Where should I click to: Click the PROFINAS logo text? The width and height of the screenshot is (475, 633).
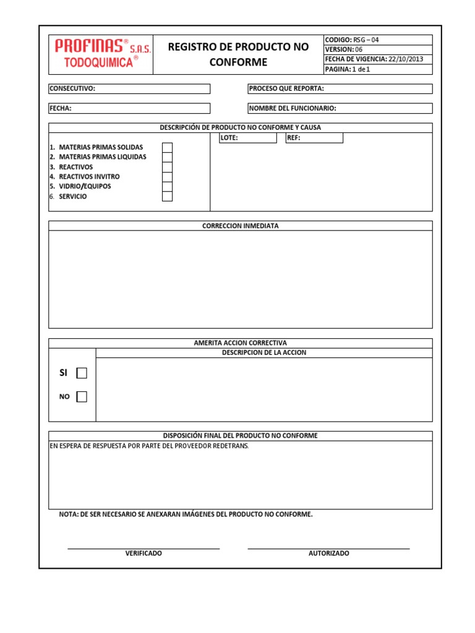tap(89, 46)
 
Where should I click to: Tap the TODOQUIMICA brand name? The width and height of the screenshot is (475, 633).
tap(98, 62)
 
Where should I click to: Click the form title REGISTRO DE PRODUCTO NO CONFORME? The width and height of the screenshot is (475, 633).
tap(238, 54)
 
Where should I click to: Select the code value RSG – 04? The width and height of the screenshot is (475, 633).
tap(366, 40)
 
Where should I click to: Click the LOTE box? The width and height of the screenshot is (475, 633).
tap(248, 138)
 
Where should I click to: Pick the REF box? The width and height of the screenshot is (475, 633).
tap(314, 138)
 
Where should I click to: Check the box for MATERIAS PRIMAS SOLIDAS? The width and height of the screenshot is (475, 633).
tap(167, 147)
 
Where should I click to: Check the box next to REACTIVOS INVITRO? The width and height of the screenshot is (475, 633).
tap(167, 177)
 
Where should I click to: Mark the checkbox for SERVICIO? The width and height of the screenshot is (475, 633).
tap(167, 197)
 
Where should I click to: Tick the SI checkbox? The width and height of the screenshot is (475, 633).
tap(82, 373)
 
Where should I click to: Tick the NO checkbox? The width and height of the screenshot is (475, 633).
tap(82, 397)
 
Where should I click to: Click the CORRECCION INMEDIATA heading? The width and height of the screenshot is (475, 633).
tap(241, 226)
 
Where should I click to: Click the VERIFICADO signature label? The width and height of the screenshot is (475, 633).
tap(143, 553)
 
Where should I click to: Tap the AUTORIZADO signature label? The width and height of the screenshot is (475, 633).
tap(328, 553)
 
